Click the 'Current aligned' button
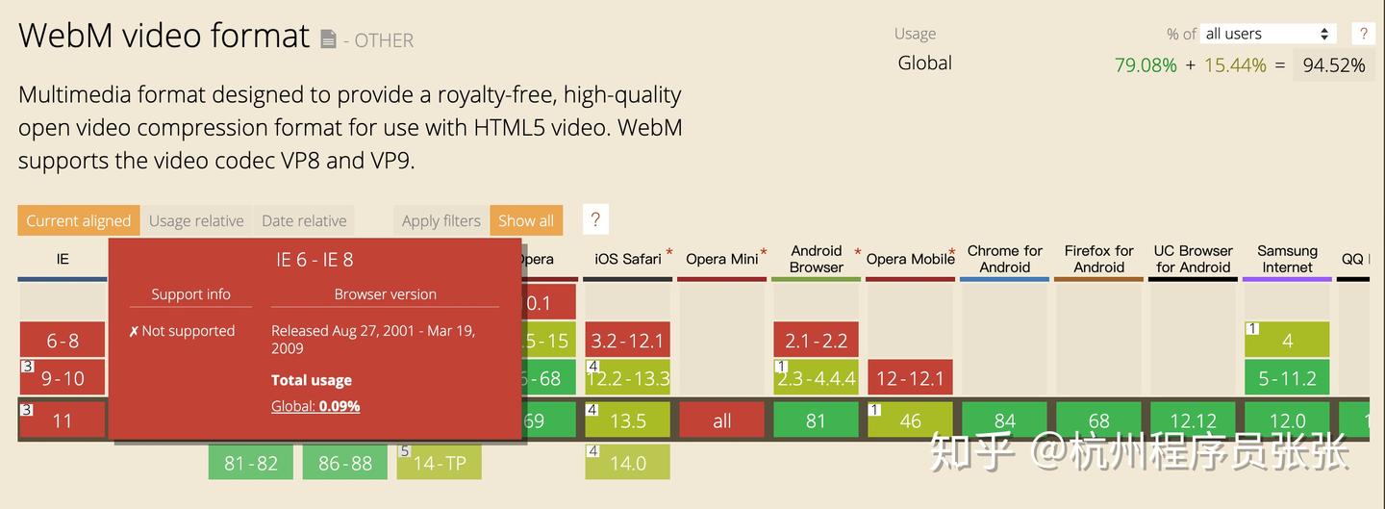[x=78, y=220]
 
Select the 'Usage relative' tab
[x=196, y=220]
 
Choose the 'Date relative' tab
[x=304, y=220]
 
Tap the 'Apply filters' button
[x=441, y=220]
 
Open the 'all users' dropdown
[x=1268, y=34]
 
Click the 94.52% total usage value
[x=1333, y=65]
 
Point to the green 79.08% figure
[x=1146, y=65]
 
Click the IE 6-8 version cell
[x=63, y=341]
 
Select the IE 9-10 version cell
[x=63, y=378]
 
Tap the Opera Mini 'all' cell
[x=721, y=420]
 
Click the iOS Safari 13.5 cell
[x=628, y=420]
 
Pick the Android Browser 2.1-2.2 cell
[x=816, y=341]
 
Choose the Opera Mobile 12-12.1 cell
[x=910, y=378]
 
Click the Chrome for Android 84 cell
[x=1004, y=420]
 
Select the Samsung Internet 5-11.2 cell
[x=1287, y=378]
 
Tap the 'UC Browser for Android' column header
[x=1193, y=259]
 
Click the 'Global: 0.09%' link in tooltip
[x=315, y=406]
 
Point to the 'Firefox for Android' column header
[x=1098, y=259]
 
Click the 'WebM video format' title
[x=164, y=36]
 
